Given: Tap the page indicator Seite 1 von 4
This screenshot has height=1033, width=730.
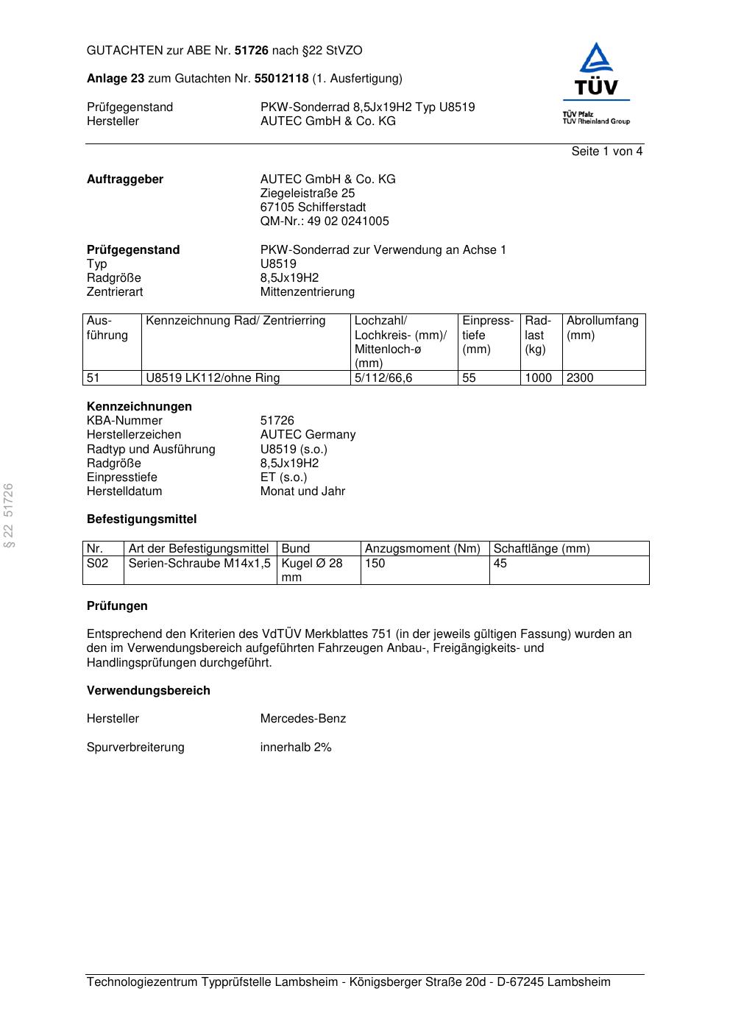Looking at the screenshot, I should coord(606,152).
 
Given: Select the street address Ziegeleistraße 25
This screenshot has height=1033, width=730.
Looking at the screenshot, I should coord(307,194).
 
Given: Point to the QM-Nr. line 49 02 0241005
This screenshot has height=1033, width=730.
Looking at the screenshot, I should coord(325,221).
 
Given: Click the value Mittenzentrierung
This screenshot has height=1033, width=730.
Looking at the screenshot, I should coord(307,292).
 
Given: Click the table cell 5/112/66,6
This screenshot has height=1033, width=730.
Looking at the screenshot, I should coord(383,378).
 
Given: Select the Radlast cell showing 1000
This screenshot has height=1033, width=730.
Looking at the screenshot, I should coord(538,378).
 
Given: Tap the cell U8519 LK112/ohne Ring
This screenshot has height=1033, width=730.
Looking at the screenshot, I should coord(213,378).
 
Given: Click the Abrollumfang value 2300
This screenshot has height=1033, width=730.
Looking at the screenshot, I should coord(579,378).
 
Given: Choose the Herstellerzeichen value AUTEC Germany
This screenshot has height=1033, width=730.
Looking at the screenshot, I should coord(308,435).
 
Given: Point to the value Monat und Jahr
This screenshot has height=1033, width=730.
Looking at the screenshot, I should coord(302,491).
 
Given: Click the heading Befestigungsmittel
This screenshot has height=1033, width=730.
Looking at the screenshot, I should coord(141,519).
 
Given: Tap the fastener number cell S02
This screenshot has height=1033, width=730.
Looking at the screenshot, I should coord(97,564).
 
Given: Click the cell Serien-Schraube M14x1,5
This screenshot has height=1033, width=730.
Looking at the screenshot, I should coord(199,564).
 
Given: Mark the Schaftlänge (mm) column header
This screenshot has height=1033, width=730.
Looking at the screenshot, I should coord(541,549).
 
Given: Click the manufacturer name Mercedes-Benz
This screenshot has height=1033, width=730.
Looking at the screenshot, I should coord(302,719).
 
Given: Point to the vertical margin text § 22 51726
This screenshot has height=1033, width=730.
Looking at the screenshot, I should coord(9,515).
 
